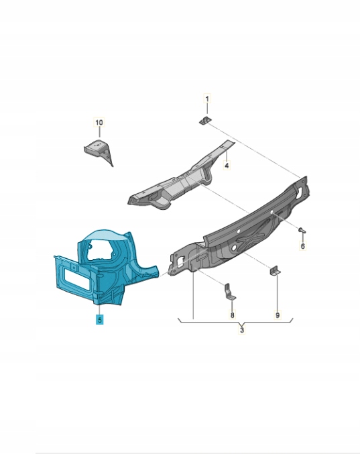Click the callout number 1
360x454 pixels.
point(207,99)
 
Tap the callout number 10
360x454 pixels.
point(99,123)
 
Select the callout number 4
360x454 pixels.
point(227,166)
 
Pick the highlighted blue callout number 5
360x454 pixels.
point(99,320)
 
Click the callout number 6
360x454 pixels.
point(303,246)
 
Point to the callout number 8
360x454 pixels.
point(232,315)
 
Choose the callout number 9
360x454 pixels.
point(278,315)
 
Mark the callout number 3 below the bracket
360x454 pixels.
point(242,330)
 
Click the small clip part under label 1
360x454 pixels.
point(205,120)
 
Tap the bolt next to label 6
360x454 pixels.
point(302,229)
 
